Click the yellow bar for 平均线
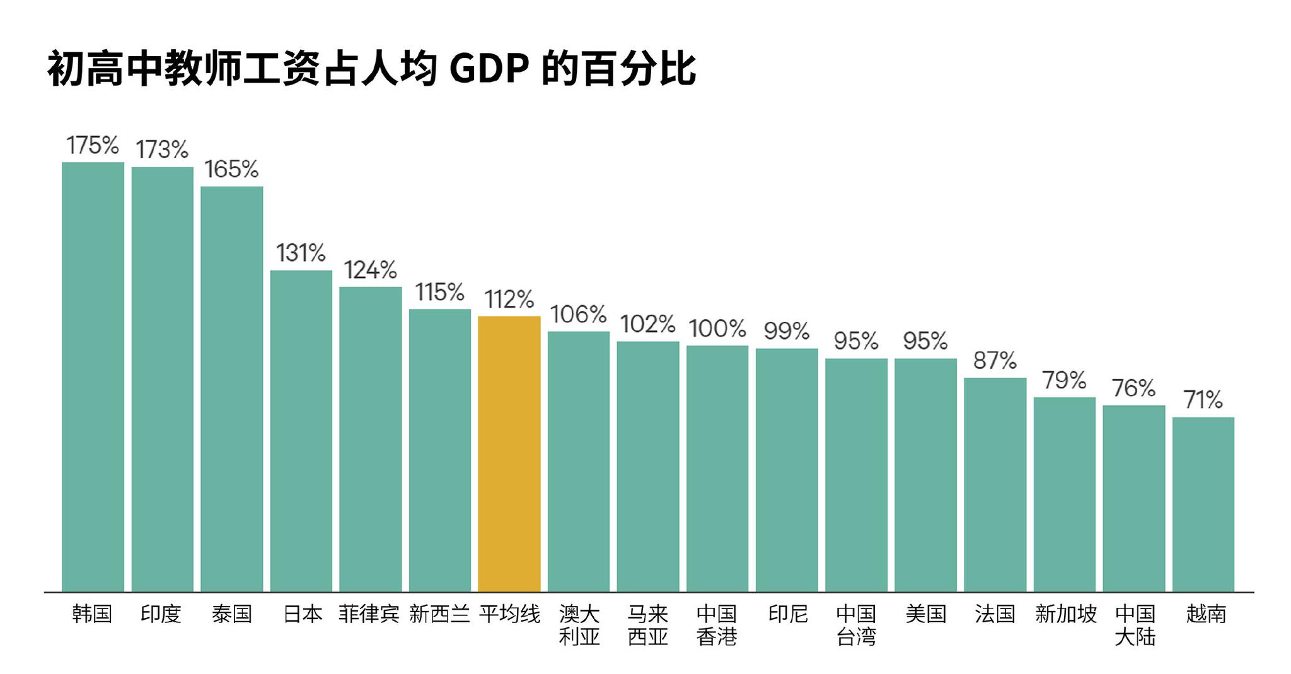pos(509,454)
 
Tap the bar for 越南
pos(1203,504)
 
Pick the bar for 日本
pos(301,431)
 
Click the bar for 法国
pos(995,485)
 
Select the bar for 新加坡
pos(1064,494)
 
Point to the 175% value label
pos(93,146)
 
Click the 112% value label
pos(509,299)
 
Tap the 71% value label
pos(1203,400)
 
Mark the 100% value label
pos(717,328)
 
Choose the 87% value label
pos(995,361)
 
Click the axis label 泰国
pos(231,613)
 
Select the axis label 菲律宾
pos(369,613)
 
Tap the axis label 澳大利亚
pos(579,625)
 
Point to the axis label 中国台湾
pos(856,625)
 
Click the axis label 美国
pos(925,613)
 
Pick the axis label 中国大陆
pos(1134,625)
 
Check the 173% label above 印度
pos(162,150)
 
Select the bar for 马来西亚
pos(648,467)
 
